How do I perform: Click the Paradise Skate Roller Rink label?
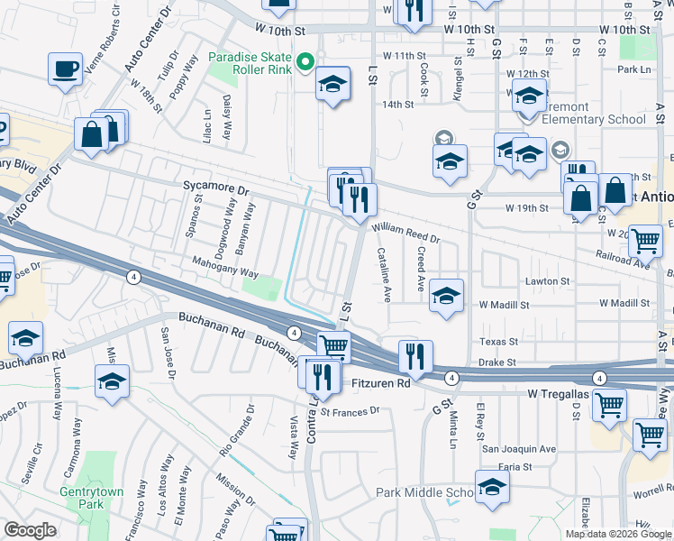pyautogui.click(x=249, y=63)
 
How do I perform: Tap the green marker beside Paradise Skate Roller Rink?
pyautogui.click(x=305, y=63)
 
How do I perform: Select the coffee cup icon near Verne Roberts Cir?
pyautogui.click(x=65, y=70)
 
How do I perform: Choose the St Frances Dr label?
pyautogui.click(x=350, y=412)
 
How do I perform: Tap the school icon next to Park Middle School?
pyautogui.click(x=492, y=488)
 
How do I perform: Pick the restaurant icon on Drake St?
pyautogui.click(x=415, y=356)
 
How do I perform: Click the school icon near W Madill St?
pyautogui.click(x=446, y=296)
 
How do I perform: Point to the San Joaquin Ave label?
pyautogui.click(x=518, y=448)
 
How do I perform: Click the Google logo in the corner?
pyautogui.click(x=30, y=530)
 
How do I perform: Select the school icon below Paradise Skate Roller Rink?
pyautogui.click(x=332, y=85)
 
